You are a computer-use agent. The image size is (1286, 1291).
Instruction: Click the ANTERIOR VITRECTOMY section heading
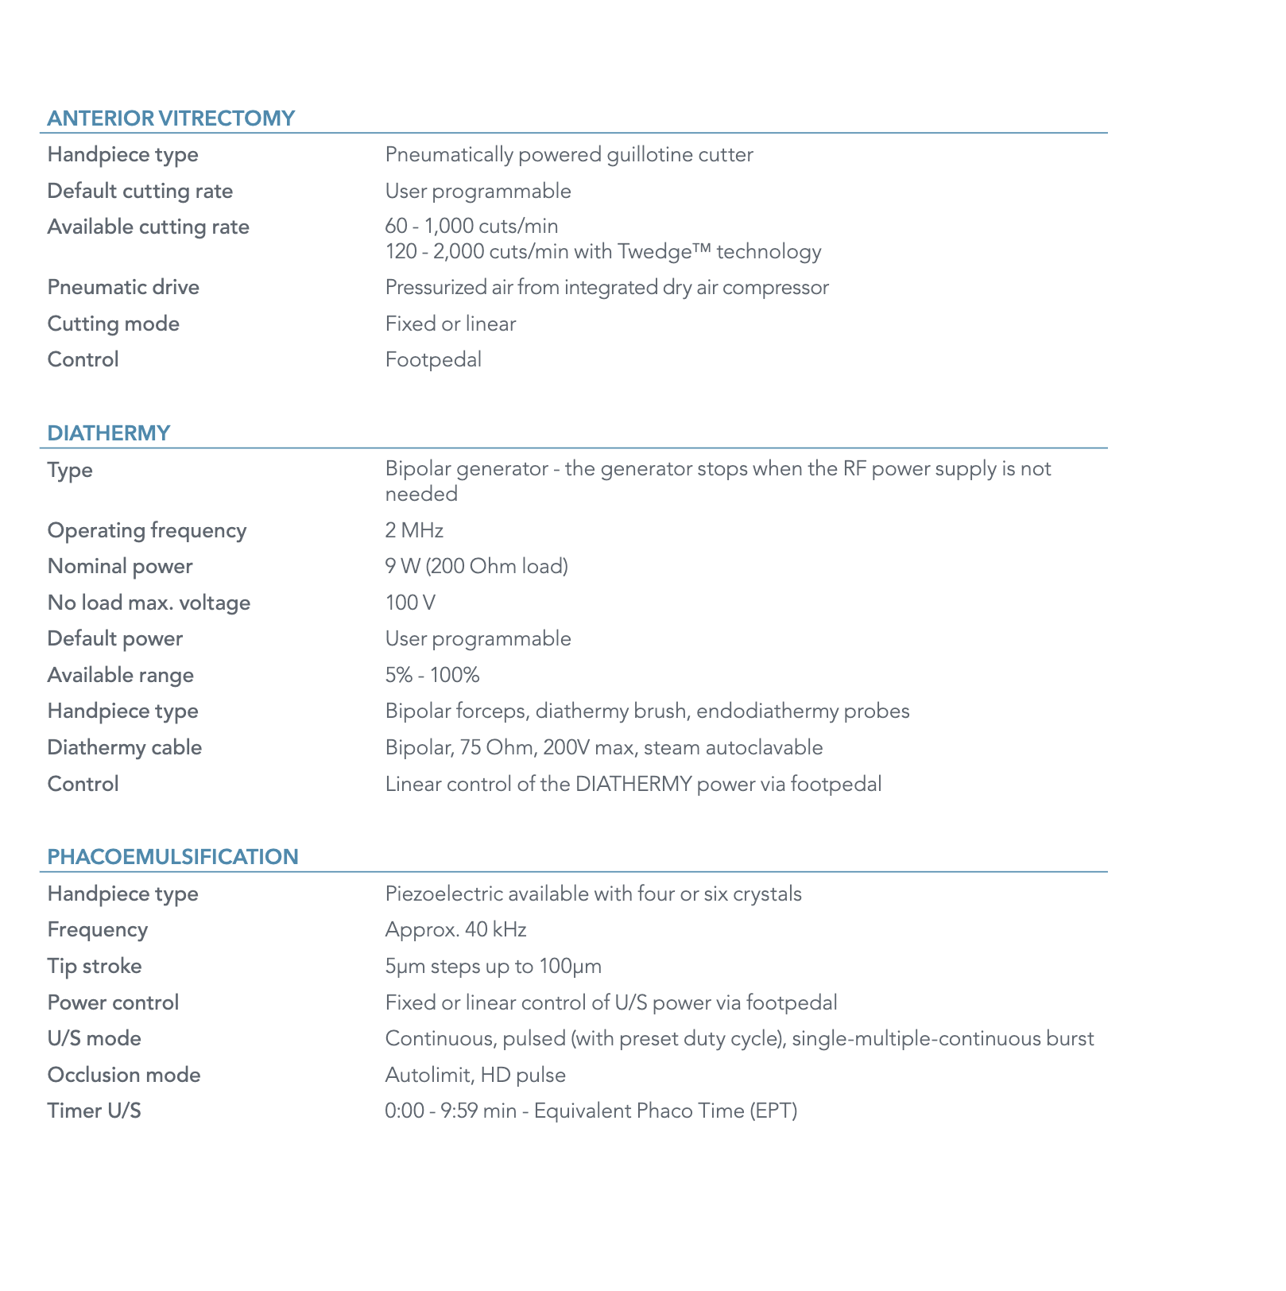[x=171, y=118]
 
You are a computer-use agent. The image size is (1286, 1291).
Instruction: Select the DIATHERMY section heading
[x=109, y=433]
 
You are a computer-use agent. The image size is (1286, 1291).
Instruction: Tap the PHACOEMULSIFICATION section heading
[x=172, y=857]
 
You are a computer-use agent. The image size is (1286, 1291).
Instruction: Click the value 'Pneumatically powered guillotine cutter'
[x=569, y=154]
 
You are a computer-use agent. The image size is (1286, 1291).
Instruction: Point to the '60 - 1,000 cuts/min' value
[x=471, y=227]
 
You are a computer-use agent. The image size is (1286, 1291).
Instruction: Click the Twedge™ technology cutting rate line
[x=603, y=252]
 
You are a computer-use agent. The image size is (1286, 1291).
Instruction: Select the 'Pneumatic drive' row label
[x=123, y=287]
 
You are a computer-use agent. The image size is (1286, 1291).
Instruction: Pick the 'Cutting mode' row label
[x=114, y=324]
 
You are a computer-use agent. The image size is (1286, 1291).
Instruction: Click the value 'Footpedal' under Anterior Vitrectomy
[x=433, y=360]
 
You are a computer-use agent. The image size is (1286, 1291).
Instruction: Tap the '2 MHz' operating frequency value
[x=414, y=530]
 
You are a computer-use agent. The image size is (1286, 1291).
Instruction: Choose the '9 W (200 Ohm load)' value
[x=477, y=567]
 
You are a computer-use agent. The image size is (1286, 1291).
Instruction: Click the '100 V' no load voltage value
[x=410, y=603]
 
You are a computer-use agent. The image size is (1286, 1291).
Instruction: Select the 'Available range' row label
[x=121, y=675]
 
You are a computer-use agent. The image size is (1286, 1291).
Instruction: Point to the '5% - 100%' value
[x=432, y=675]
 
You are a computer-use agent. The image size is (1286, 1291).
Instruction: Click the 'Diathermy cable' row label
[x=125, y=748]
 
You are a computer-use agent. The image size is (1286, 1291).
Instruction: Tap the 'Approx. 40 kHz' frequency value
[x=455, y=930]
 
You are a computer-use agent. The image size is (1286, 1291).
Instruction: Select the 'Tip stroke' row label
[x=95, y=967]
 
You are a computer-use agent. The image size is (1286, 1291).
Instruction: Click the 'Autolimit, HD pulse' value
[x=475, y=1076]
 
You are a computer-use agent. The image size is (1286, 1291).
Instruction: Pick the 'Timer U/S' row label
[x=95, y=1111]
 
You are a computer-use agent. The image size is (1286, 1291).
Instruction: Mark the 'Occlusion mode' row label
[x=124, y=1076]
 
